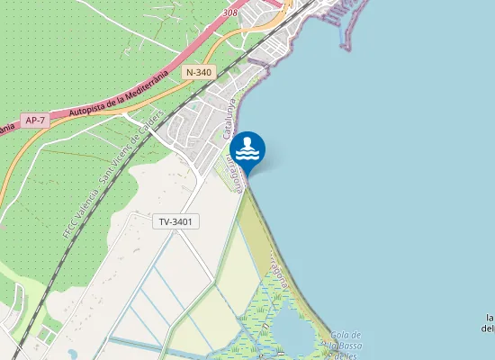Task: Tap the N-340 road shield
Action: tap(199, 71)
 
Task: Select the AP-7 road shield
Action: tap(35, 120)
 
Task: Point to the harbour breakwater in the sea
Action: tap(346, 22)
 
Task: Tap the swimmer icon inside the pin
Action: tap(247, 147)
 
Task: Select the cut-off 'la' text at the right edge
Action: tap(490, 318)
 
